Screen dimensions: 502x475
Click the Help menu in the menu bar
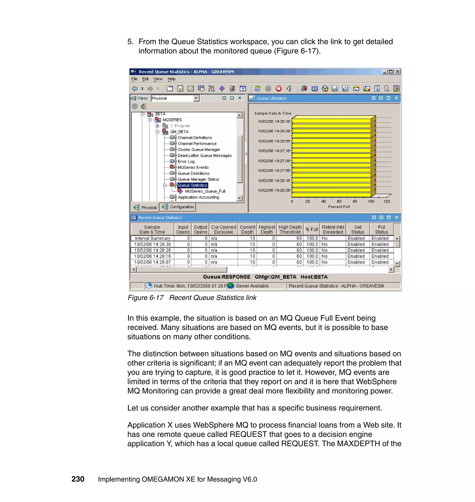[171, 79]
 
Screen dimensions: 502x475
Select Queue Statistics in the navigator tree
[193, 185]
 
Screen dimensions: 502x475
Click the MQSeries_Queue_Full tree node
[205, 191]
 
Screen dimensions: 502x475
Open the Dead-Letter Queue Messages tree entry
[205, 155]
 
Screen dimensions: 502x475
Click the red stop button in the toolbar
[279, 88]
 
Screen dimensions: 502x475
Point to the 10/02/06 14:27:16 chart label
[274, 151]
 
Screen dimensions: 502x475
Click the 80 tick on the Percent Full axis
[355, 201]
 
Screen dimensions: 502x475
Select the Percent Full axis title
[339, 207]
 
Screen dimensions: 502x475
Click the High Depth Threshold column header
[290, 229]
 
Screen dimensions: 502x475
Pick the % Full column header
[311, 229]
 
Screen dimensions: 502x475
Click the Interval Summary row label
[152, 238]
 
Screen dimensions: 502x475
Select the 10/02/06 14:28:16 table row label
[152, 256]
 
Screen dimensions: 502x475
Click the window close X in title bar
[398, 72]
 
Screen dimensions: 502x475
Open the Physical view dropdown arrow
[196, 98]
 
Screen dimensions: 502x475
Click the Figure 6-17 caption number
[146, 298]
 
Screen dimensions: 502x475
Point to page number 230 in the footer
[78, 479]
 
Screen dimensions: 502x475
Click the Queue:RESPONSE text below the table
[226, 277]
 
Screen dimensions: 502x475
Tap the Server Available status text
[252, 286]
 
